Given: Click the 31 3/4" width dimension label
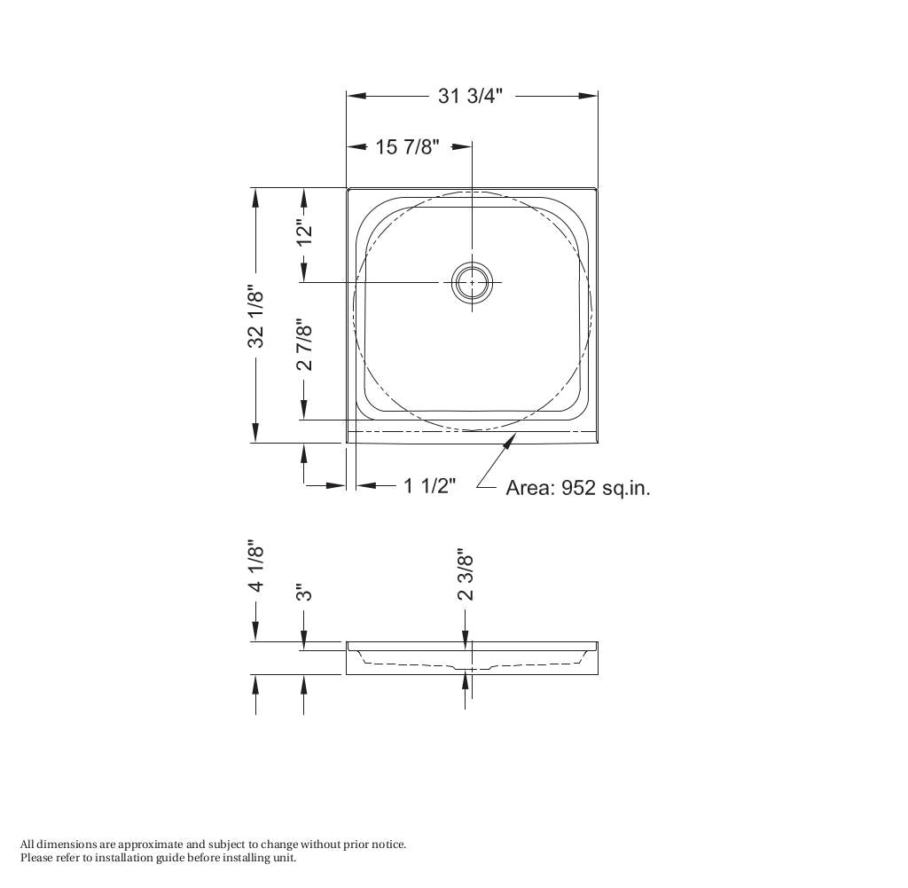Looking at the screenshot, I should pos(470,96).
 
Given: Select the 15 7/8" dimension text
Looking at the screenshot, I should pos(407,147).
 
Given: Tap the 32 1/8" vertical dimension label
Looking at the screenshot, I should pos(256,316).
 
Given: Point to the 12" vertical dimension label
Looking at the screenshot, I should pos(305,232).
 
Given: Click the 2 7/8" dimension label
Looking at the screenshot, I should pos(305,345).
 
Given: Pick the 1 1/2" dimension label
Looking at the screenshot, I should pos(430,485).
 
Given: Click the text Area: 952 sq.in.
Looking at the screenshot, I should pos(577,488).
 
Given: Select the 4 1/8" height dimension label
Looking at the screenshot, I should pos(256,567).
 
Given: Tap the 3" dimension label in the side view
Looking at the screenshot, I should pos(305,593).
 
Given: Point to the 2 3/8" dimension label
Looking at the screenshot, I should pos(466,575).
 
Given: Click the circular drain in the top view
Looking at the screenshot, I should pos(472,282).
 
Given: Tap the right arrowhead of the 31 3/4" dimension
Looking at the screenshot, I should pos(589,96).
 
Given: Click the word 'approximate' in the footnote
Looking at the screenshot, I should pos(151,845).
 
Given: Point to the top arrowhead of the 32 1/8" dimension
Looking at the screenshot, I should pos(256,198).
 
